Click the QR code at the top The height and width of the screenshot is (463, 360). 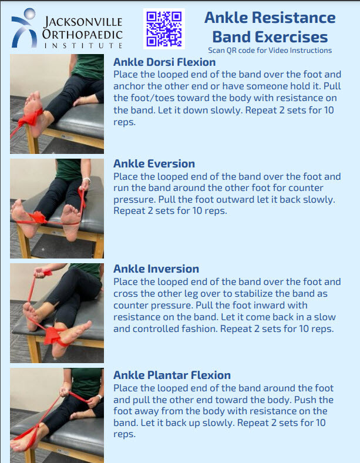point(164,28)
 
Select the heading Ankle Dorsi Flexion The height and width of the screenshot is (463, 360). point(164,62)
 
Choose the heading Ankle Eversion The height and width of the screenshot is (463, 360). point(154,163)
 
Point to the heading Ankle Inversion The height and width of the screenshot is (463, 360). point(156,269)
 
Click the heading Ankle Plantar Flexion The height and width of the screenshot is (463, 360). point(171,375)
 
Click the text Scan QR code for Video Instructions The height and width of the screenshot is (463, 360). point(270,51)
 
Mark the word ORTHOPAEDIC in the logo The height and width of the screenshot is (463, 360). point(82,33)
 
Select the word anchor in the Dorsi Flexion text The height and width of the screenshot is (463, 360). point(129,86)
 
